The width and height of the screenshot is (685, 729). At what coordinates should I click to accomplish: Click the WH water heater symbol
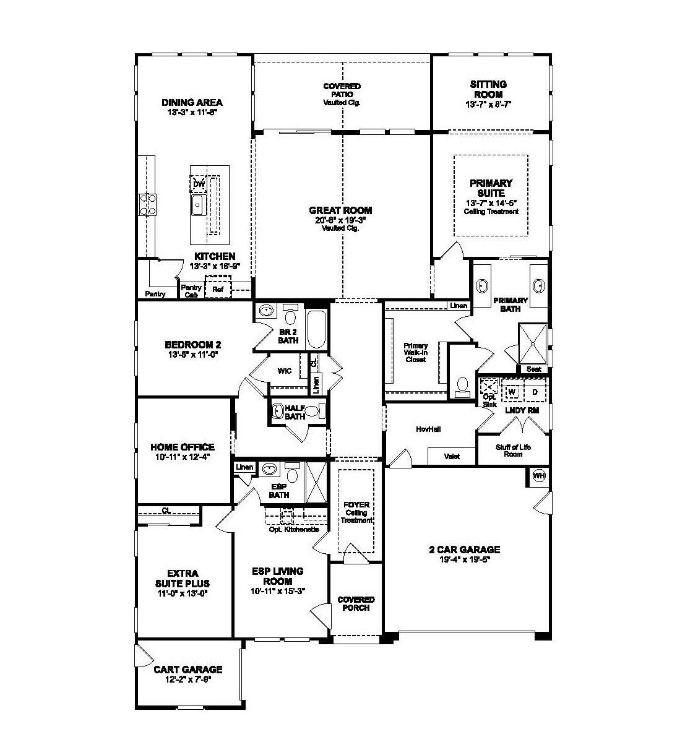coord(539,475)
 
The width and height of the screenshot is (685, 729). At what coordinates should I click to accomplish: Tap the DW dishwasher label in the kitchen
coord(198,184)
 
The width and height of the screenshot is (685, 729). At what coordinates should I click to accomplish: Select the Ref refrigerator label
coord(218,289)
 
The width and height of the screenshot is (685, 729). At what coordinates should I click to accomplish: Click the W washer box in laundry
coord(512,392)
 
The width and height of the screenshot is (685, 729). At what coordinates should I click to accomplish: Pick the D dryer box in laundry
coord(535,392)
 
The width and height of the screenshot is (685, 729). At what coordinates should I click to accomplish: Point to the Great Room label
coord(340,210)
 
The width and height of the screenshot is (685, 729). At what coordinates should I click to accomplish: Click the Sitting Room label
coord(488,89)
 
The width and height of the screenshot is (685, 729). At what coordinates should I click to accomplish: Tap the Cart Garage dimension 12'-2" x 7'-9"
coord(187,679)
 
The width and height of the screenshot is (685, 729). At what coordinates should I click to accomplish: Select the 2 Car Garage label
coord(464,550)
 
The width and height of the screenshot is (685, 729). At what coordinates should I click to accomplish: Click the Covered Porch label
coord(356,603)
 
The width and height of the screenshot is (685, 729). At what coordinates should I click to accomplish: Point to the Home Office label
coord(183,447)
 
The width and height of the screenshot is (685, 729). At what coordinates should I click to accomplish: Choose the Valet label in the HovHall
coord(452,457)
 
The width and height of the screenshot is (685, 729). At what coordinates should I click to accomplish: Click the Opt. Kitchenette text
coord(294,530)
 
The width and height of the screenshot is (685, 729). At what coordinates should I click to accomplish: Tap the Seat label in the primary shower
coord(533,369)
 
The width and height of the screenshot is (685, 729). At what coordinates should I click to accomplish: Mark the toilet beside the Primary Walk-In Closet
coord(462,387)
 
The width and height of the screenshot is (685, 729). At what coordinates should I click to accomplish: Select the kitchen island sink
coord(198,205)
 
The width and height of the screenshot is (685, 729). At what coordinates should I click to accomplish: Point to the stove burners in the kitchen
coord(147,204)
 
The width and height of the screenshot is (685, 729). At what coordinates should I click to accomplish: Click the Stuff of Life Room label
coord(513,451)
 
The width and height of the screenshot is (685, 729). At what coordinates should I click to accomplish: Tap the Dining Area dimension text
coord(192,113)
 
